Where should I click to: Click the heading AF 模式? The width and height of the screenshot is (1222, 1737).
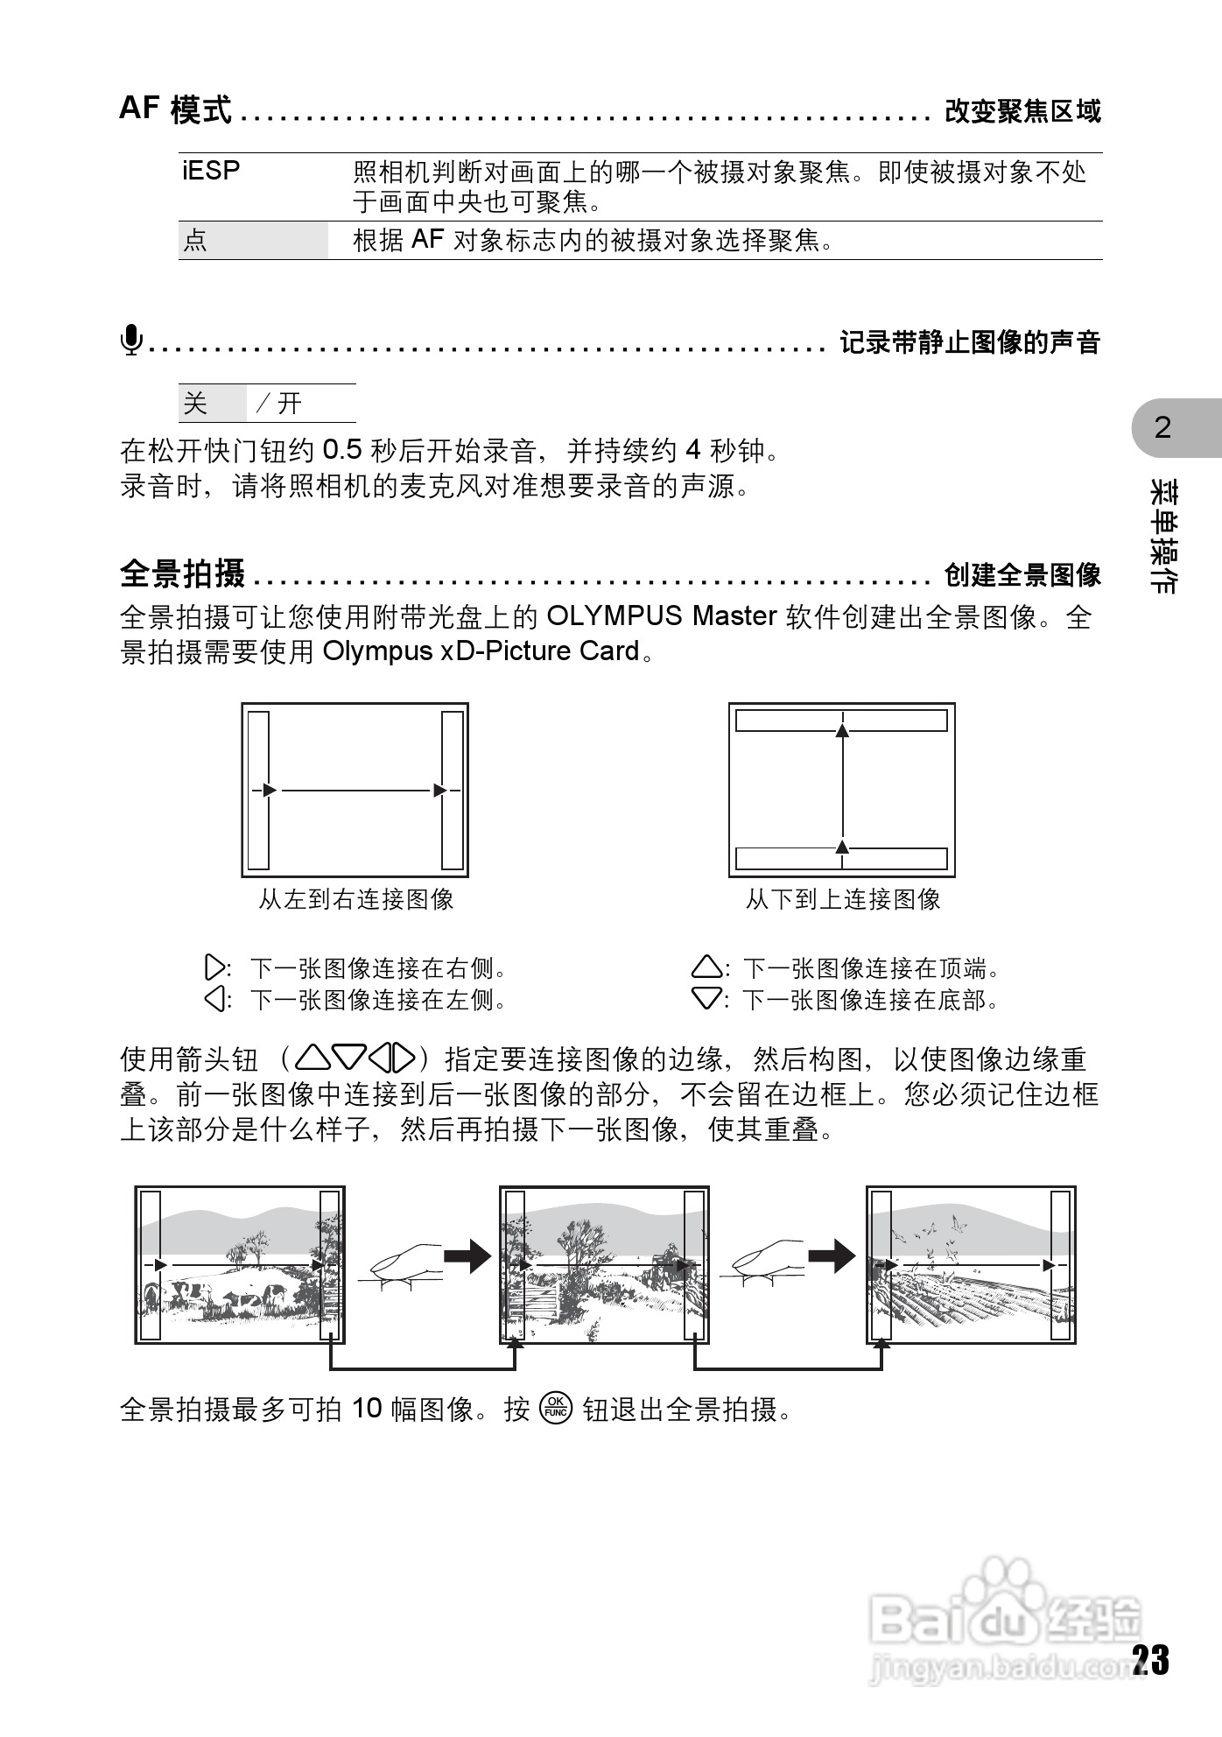pos(175,110)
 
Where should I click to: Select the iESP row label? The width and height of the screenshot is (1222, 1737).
pos(210,171)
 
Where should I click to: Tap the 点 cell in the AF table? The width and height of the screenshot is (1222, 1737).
pos(195,241)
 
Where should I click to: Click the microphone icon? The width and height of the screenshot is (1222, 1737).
pos(131,341)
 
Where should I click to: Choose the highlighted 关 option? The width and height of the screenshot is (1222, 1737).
pos(196,404)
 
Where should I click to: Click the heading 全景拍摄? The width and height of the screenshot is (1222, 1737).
pos(182,573)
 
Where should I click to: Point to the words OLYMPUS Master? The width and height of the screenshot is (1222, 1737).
pos(661,616)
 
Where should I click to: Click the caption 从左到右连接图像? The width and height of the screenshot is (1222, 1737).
pos(355,899)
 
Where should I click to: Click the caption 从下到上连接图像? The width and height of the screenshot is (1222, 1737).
pos(842,899)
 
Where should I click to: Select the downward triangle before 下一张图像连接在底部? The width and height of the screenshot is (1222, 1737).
pos(706,998)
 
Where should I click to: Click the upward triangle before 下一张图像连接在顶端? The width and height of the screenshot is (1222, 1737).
pos(706,967)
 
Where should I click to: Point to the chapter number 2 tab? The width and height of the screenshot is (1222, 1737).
pos(1162,428)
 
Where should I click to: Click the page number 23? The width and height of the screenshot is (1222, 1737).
pos(1150,1660)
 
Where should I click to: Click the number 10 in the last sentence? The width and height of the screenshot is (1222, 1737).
pos(367,1409)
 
